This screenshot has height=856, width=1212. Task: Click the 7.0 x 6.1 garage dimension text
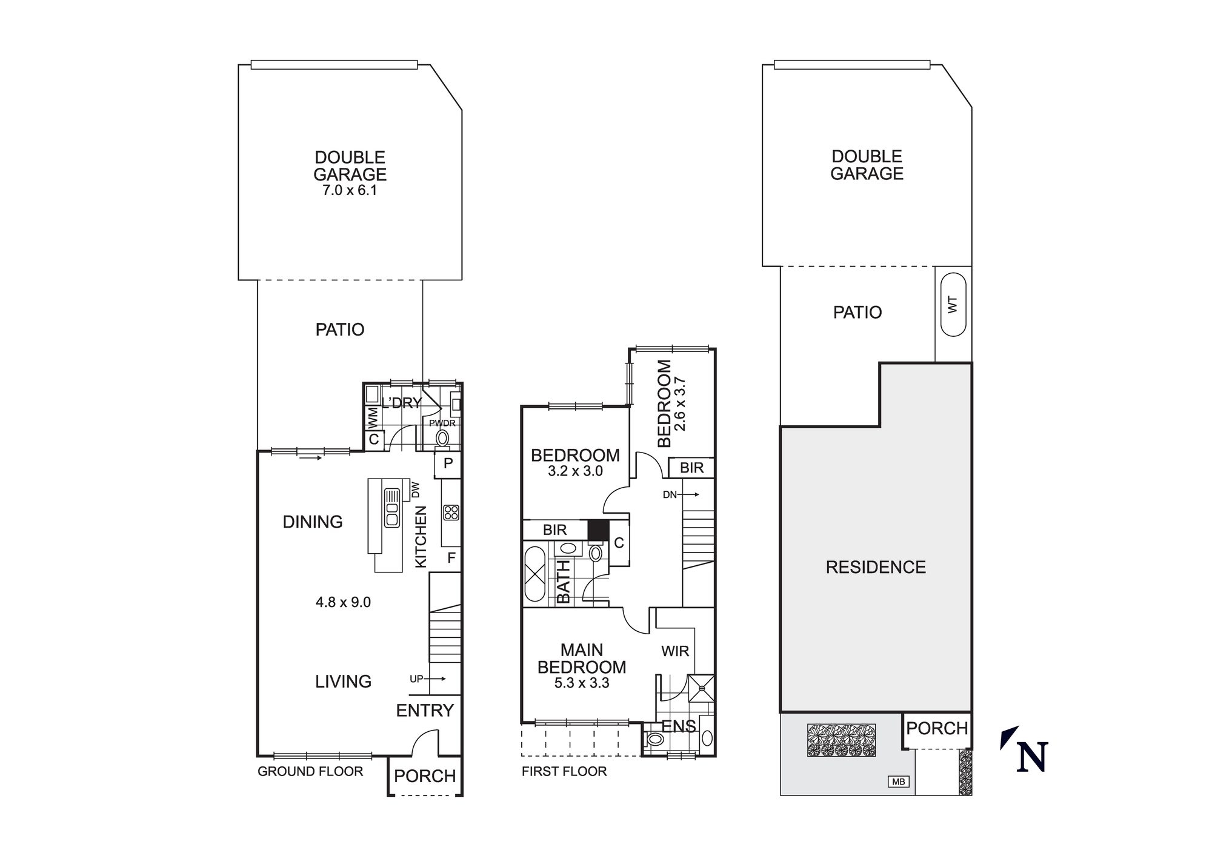pyautogui.click(x=350, y=190)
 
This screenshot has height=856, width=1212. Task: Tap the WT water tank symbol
pyautogui.click(x=953, y=304)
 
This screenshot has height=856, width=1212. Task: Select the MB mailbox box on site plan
pyautogui.click(x=898, y=782)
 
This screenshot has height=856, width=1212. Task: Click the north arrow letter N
pyautogui.click(x=1033, y=757)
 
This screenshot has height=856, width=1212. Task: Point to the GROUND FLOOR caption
pyautogui.click(x=310, y=771)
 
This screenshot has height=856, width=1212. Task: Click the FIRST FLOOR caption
pyautogui.click(x=564, y=771)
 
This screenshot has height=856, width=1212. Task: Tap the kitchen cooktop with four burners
pyautogui.click(x=451, y=513)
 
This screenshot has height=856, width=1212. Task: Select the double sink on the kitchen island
pyautogui.click(x=391, y=508)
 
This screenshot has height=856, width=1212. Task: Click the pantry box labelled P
pyautogui.click(x=448, y=464)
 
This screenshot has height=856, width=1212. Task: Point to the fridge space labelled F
pyautogui.click(x=451, y=558)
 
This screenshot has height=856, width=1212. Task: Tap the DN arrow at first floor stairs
pyautogui.click(x=681, y=495)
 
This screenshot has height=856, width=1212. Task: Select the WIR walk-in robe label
pyautogui.click(x=674, y=651)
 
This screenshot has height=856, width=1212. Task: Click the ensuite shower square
pyautogui.click(x=702, y=688)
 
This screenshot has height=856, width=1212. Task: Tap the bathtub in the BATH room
pyautogui.click(x=534, y=574)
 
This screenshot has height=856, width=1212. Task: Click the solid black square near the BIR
pyautogui.click(x=598, y=530)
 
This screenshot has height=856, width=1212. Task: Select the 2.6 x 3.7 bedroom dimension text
pyautogui.click(x=679, y=404)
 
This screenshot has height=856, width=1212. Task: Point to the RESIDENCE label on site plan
pyautogui.click(x=876, y=568)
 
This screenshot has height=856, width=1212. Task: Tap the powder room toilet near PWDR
pyautogui.click(x=443, y=438)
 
